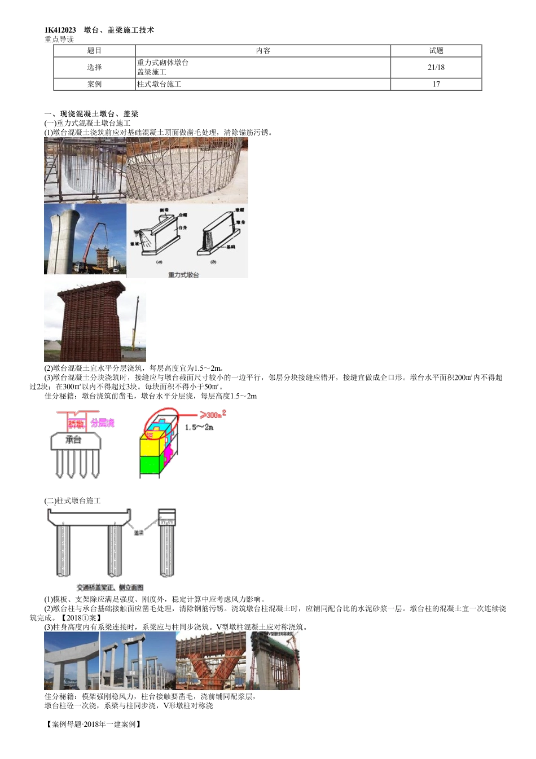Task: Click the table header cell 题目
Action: tap(94, 51)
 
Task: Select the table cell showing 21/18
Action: tap(436, 67)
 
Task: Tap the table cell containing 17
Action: tap(436, 84)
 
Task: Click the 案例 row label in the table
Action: tap(94, 84)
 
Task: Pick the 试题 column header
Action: tap(436, 51)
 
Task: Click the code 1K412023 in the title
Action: tap(60, 30)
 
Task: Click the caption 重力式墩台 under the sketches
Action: tap(183, 275)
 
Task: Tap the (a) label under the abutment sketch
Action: tap(159, 262)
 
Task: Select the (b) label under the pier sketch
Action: tap(213, 262)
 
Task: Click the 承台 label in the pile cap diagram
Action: tap(73, 440)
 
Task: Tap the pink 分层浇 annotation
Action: tap(102, 423)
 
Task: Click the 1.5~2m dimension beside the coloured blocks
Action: tap(199, 427)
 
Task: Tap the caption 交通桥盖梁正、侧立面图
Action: tap(110, 587)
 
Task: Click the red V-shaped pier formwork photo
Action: tap(212, 660)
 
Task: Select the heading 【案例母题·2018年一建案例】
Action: tap(93, 725)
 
